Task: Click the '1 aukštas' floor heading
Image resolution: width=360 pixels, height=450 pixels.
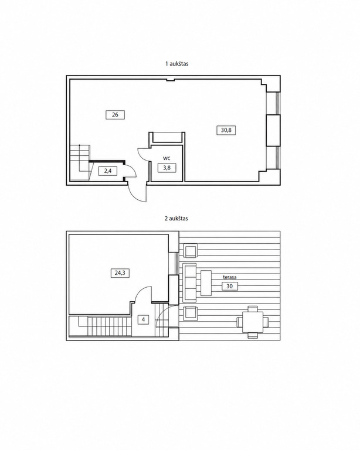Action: pos(176,64)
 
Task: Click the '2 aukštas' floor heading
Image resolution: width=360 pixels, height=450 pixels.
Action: pos(176,219)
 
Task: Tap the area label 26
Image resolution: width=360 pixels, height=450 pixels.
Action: pos(115,115)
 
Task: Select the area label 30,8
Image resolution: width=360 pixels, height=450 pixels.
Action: pos(226,130)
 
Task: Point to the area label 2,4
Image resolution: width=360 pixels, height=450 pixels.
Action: pos(108,171)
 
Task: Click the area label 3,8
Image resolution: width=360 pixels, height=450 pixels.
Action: pos(167,168)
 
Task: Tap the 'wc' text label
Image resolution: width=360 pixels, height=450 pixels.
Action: pos(167,158)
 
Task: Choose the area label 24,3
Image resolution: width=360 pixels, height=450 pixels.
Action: pos(120,273)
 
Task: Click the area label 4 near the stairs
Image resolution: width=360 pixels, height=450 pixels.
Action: pos(143,320)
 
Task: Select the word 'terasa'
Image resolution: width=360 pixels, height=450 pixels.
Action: pos(230,278)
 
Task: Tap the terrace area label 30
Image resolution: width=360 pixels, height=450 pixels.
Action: pos(230,286)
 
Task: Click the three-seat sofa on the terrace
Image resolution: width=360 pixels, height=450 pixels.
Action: pos(189,282)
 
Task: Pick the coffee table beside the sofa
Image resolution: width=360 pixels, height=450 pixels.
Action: pos(206,283)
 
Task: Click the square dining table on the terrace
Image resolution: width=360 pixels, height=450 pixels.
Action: pos(253,322)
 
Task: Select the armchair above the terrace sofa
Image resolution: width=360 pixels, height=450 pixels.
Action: pos(190,251)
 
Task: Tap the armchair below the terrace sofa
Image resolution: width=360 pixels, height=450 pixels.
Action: pos(190,313)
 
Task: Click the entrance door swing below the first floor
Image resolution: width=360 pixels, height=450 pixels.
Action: pos(137,193)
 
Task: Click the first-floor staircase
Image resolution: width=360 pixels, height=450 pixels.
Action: pos(80,162)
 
